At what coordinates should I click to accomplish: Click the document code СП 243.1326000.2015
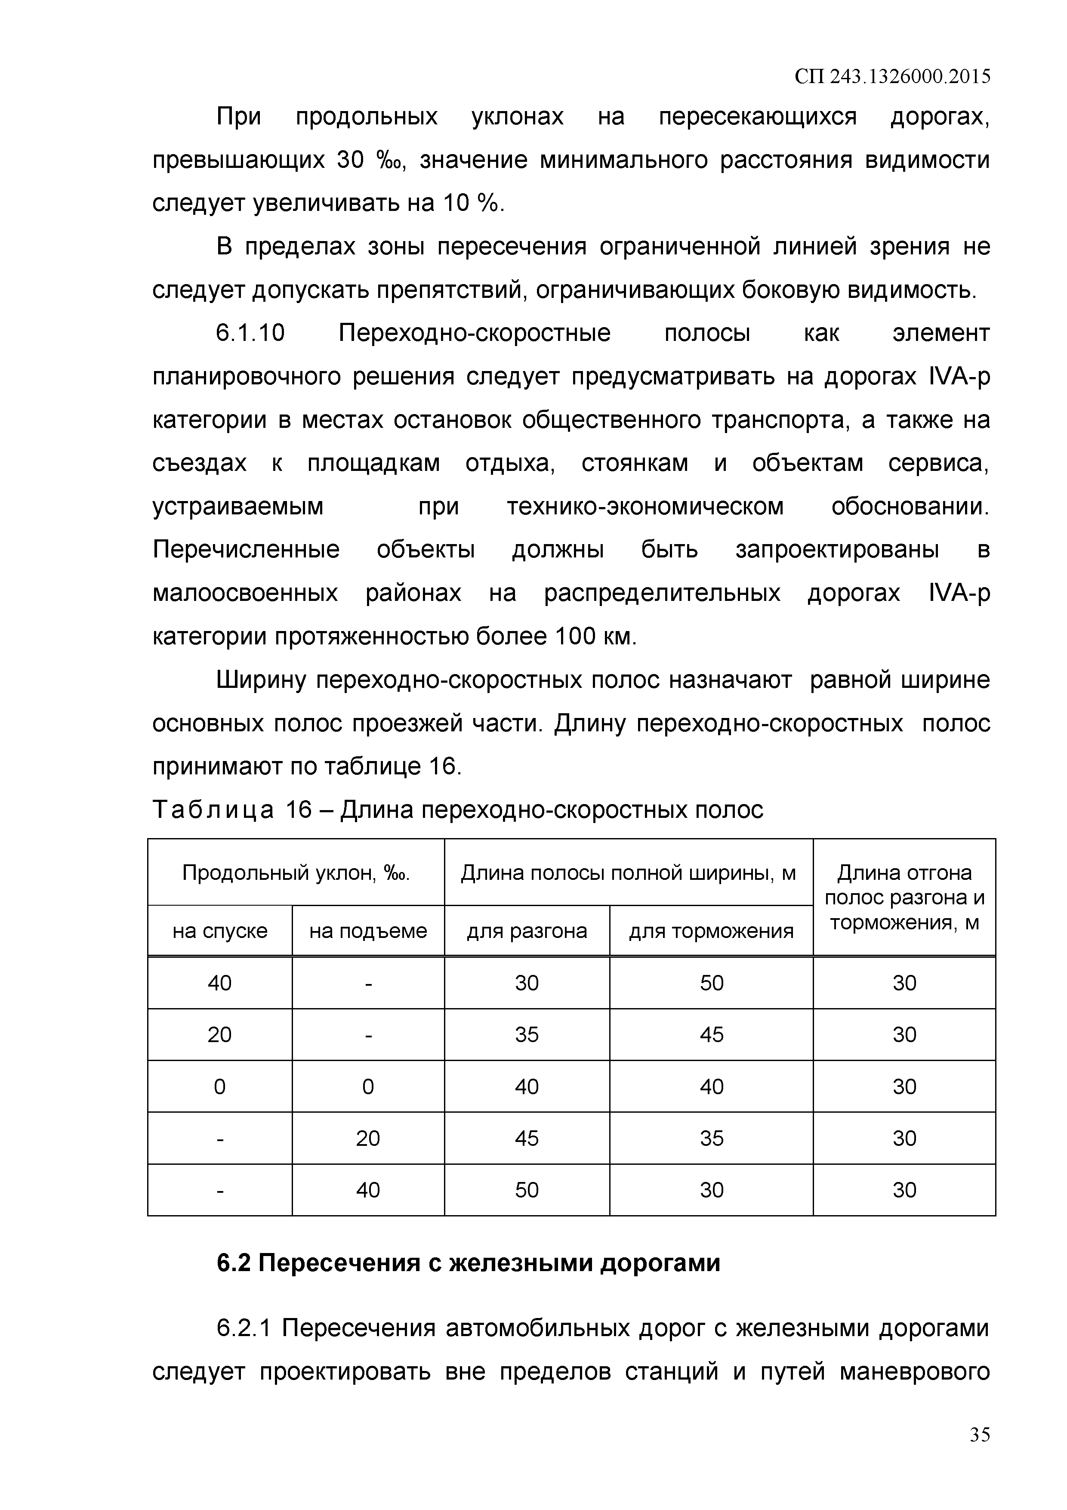pyautogui.click(x=892, y=77)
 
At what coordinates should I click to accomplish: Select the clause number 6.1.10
pyautogui.click(x=250, y=334)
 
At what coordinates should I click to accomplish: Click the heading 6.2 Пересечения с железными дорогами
pyautogui.click(x=468, y=1263)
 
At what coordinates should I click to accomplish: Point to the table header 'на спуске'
pyautogui.click(x=219, y=931)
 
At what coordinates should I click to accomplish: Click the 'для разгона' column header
pyautogui.click(x=527, y=931)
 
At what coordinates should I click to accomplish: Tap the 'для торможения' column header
pyautogui.click(x=711, y=931)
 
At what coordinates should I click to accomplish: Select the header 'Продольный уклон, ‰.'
pyautogui.click(x=296, y=873)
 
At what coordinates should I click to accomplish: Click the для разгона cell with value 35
pyautogui.click(x=527, y=1034)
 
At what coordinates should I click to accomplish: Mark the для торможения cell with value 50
pyautogui.click(x=711, y=983)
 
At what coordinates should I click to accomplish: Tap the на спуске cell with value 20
pyautogui.click(x=219, y=1034)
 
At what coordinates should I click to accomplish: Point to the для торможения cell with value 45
pyautogui.click(x=711, y=1034)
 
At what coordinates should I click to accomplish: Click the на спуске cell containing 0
pyautogui.click(x=219, y=1086)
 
